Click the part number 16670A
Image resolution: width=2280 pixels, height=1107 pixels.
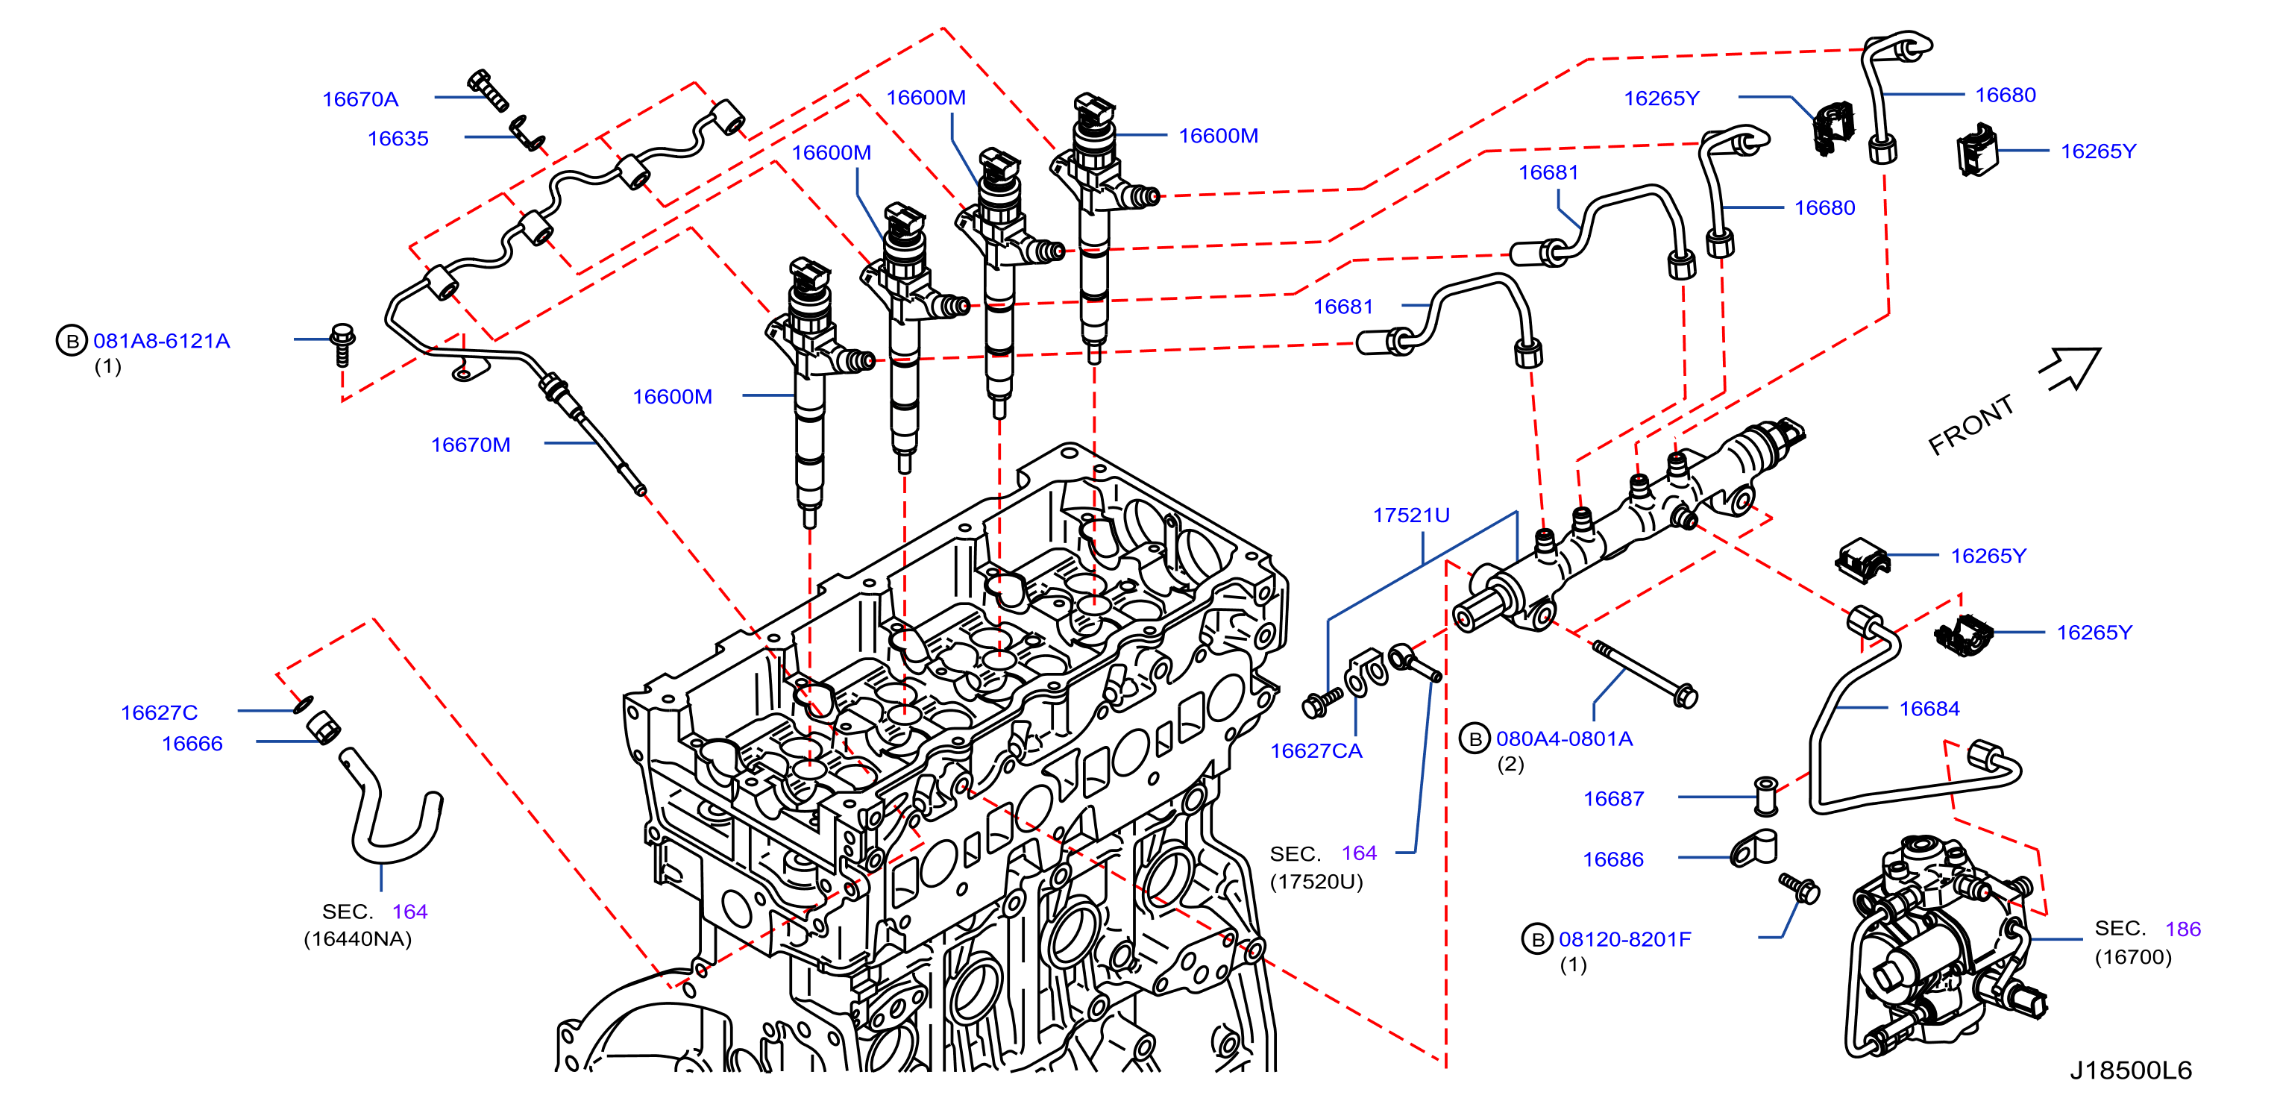(x=359, y=99)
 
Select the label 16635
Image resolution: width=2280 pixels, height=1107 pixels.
(x=398, y=139)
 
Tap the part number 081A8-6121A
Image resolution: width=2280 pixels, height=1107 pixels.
(x=161, y=342)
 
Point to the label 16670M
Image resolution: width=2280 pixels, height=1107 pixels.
(x=470, y=445)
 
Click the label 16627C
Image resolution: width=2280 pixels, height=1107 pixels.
(x=160, y=713)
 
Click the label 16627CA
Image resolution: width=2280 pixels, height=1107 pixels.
(x=1316, y=751)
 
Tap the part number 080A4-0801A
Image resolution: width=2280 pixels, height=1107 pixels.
(x=1564, y=739)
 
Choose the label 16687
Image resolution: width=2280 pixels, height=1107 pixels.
(x=1613, y=799)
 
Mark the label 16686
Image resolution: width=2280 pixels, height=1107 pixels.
(x=1612, y=860)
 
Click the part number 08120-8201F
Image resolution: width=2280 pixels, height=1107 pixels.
(x=1624, y=940)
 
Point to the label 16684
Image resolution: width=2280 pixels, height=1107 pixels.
(x=1929, y=709)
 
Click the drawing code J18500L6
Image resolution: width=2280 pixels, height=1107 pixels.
(x=2130, y=1070)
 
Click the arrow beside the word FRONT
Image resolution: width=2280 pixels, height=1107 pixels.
(x=2070, y=369)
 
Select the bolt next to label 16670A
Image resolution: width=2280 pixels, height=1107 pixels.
(x=488, y=90)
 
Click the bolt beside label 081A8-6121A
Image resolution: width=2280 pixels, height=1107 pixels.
(x=342, y=344)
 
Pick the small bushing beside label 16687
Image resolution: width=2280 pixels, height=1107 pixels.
(x=1766, y=797)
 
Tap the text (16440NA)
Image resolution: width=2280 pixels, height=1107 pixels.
(x=357, y=940)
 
